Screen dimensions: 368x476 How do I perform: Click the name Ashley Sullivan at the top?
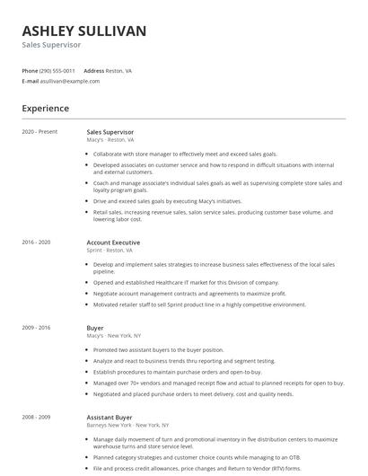point(83,31)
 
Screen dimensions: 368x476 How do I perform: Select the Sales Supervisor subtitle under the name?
point(51,45)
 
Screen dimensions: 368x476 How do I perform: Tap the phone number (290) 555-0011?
point(58,70)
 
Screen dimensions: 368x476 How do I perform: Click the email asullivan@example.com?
point(70,81)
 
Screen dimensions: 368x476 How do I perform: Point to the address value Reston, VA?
point(119,70)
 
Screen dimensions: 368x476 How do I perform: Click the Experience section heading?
point(45,109)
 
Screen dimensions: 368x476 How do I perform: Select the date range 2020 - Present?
point(39,131)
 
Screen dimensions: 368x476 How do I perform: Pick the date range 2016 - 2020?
point(36,242)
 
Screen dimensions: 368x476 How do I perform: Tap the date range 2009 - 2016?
point(36,329)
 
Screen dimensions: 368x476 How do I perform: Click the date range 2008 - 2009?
point(36,417)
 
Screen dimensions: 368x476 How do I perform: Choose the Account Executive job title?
point(113,242)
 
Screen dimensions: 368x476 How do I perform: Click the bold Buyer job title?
point(95,329)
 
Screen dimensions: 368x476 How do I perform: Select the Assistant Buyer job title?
point(109,417)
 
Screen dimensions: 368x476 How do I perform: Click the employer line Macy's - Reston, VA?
point(110,140)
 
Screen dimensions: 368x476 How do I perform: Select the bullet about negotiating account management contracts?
point(189,294)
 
